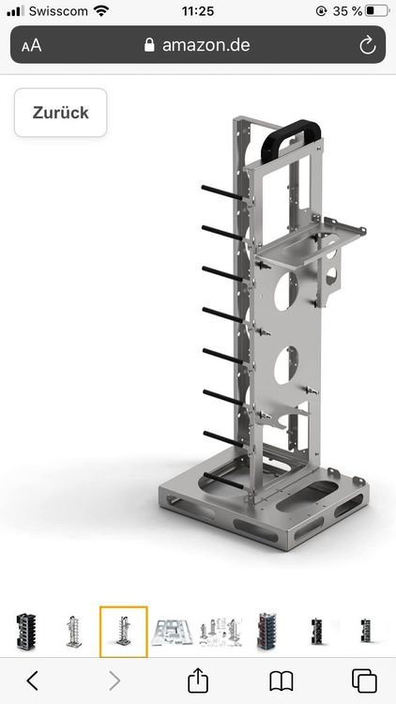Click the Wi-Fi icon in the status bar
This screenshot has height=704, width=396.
point(101,11)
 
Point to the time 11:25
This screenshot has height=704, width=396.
point(198,11)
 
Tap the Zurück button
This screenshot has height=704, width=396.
point(60,113)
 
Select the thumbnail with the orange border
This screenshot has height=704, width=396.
point(124,632)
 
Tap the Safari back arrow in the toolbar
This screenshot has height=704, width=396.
point(33,680)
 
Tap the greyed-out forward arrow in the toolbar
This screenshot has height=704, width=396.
point(115,680)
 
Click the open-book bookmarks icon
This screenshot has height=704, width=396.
point(281,680)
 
